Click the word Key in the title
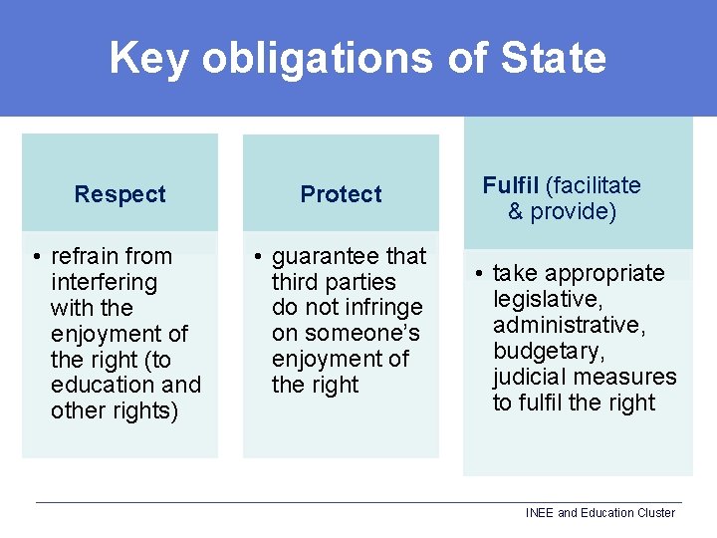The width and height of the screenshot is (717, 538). pyautogui.click(x=149, y=58)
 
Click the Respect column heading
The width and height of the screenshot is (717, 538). pyautogui.click(x=119, y=194)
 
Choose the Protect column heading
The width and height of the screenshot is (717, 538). pyautogui.click(x=341, y=194)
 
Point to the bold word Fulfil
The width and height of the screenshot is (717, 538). pyautogui.click(x=511, y=185)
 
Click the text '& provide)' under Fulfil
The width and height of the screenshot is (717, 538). pyautogui.click(x=562, y=211)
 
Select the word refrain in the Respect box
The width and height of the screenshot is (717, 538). pyautogui.click(x=87, y=256)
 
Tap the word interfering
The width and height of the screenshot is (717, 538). pyautogui.click(x=104, y=282)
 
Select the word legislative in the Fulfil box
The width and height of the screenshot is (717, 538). pyautogui.click(x=544, y=299)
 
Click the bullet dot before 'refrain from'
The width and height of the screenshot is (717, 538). pyautogui.click(x=36, y=257)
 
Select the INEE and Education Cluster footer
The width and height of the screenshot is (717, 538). pyautogui.click(x=599, y=513)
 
